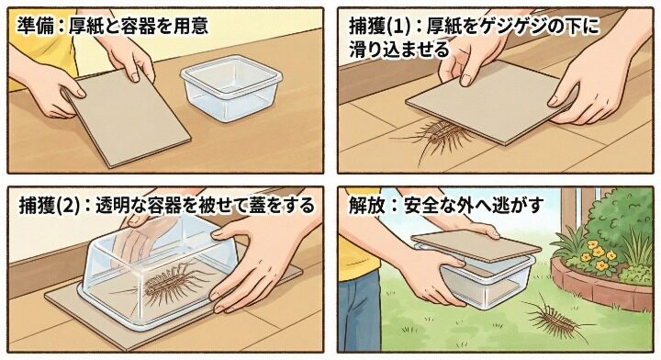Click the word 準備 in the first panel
tap(34, 27)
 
